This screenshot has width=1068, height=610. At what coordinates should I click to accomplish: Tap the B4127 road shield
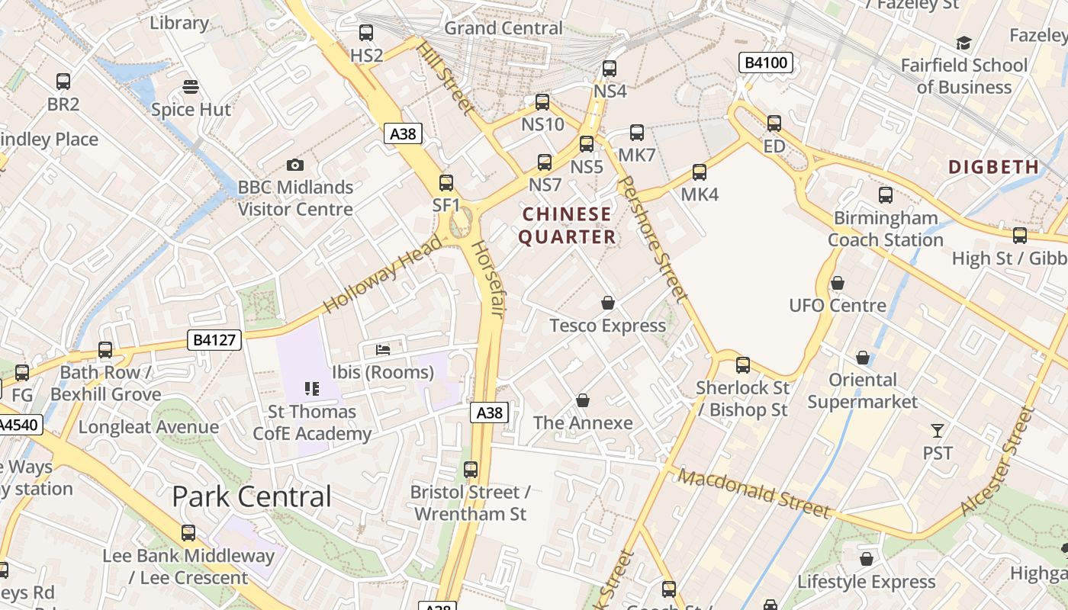click(x=214, y=340)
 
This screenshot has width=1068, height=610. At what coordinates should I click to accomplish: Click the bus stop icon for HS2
click(x=366, y=33)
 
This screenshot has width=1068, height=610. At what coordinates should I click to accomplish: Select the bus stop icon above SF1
click(x=446, y=183)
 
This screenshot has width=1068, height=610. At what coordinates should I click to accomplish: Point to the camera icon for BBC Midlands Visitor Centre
click(x=295, y=165)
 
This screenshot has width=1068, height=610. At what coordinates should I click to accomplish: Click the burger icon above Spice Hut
click(x=191, y=87)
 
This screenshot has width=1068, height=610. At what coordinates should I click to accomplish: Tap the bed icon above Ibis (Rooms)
click(x=383, y=350)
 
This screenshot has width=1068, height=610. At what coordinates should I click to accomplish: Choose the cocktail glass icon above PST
click(x=938, y=431)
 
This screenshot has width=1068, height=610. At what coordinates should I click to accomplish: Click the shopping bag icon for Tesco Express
click(x=608, y=303)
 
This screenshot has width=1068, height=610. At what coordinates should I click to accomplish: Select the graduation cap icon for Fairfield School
click(x=964, y=43)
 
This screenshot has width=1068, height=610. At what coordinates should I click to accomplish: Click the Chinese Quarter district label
click(x=568, y=226)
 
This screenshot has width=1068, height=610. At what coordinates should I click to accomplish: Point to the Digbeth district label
click(x=993, y=166)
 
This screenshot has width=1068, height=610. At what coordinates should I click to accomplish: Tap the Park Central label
click(x=252, y=496)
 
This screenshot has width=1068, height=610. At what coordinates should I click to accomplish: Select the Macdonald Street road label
click(x=753, y=493)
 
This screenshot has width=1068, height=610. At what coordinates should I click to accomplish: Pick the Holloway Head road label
click(x=384, y=274)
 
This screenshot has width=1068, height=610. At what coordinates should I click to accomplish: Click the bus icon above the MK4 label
click(x=700, y=172)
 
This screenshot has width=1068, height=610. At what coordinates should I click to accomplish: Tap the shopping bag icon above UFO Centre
click(x=838, y=284)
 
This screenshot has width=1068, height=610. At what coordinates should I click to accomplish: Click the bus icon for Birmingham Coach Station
click(x=886, y=195)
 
